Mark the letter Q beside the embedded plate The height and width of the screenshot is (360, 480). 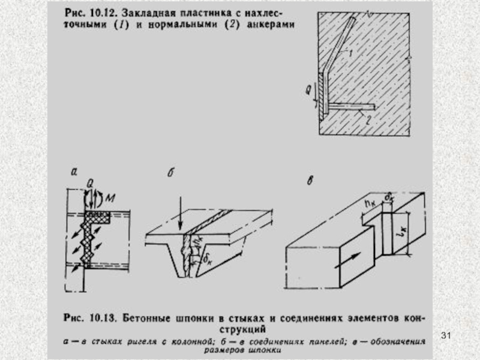tap(308, 91)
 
